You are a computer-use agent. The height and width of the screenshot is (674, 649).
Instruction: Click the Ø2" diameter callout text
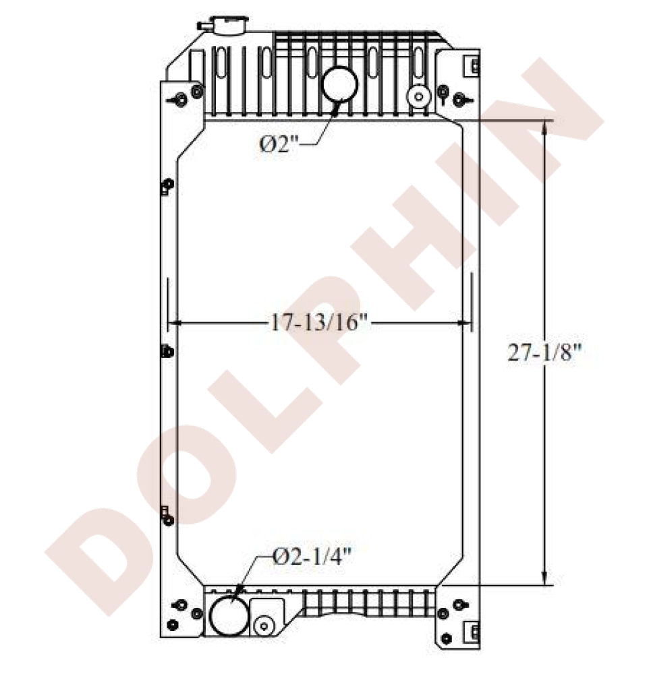279,144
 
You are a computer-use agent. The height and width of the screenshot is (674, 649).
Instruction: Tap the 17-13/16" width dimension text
318,324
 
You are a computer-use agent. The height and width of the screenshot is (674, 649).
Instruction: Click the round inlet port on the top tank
339,84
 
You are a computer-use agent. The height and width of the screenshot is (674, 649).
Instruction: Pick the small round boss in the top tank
419,96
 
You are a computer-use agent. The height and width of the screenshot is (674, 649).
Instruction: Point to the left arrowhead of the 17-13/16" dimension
173,324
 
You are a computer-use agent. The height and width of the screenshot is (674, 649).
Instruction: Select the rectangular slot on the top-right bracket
474,66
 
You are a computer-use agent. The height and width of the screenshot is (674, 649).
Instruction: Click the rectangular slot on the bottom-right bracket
474,632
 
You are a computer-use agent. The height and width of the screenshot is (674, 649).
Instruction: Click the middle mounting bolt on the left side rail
167,351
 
